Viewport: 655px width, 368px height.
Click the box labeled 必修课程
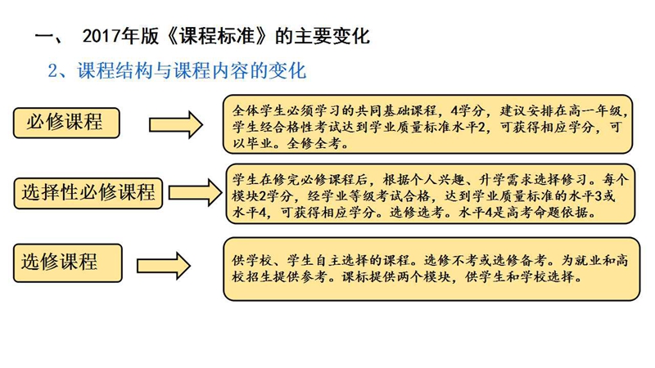(66, 123)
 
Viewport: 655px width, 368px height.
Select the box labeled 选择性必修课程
(88, 193)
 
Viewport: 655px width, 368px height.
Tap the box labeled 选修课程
(68, 263)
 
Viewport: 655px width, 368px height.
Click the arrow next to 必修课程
(176, 125)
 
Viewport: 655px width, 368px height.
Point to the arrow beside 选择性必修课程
(196, 193)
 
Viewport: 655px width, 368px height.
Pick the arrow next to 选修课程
(164, 266)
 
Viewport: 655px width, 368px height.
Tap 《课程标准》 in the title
(217, 36)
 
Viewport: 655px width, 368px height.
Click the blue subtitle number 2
(53, 71)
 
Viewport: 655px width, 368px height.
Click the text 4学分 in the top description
(468, 111)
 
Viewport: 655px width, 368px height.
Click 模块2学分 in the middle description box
(264, 196)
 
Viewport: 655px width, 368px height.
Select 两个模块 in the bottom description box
(423, 277)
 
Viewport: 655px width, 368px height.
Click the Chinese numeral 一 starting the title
(45, 36)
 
